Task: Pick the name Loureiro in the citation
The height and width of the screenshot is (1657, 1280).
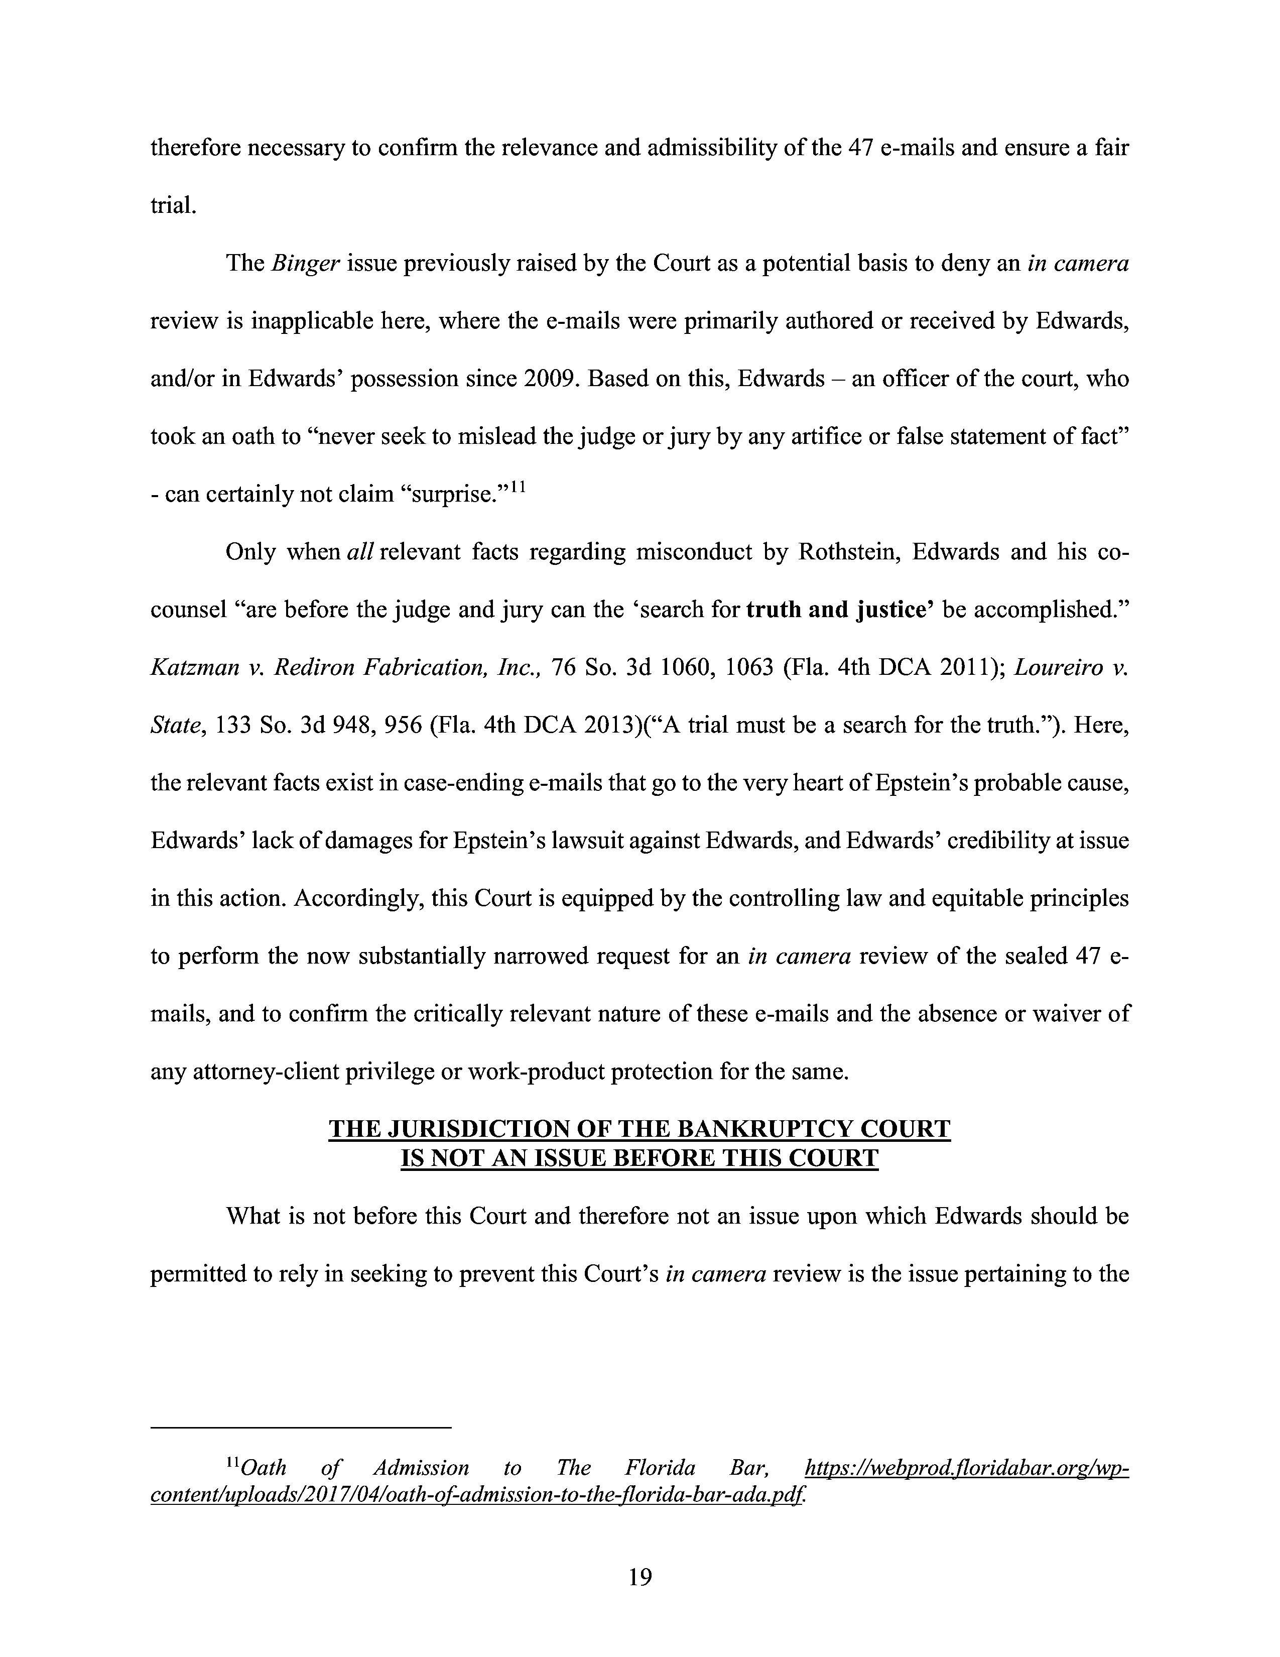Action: coord(1055,668)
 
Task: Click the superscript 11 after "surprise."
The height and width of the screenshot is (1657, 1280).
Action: coord(518,487)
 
